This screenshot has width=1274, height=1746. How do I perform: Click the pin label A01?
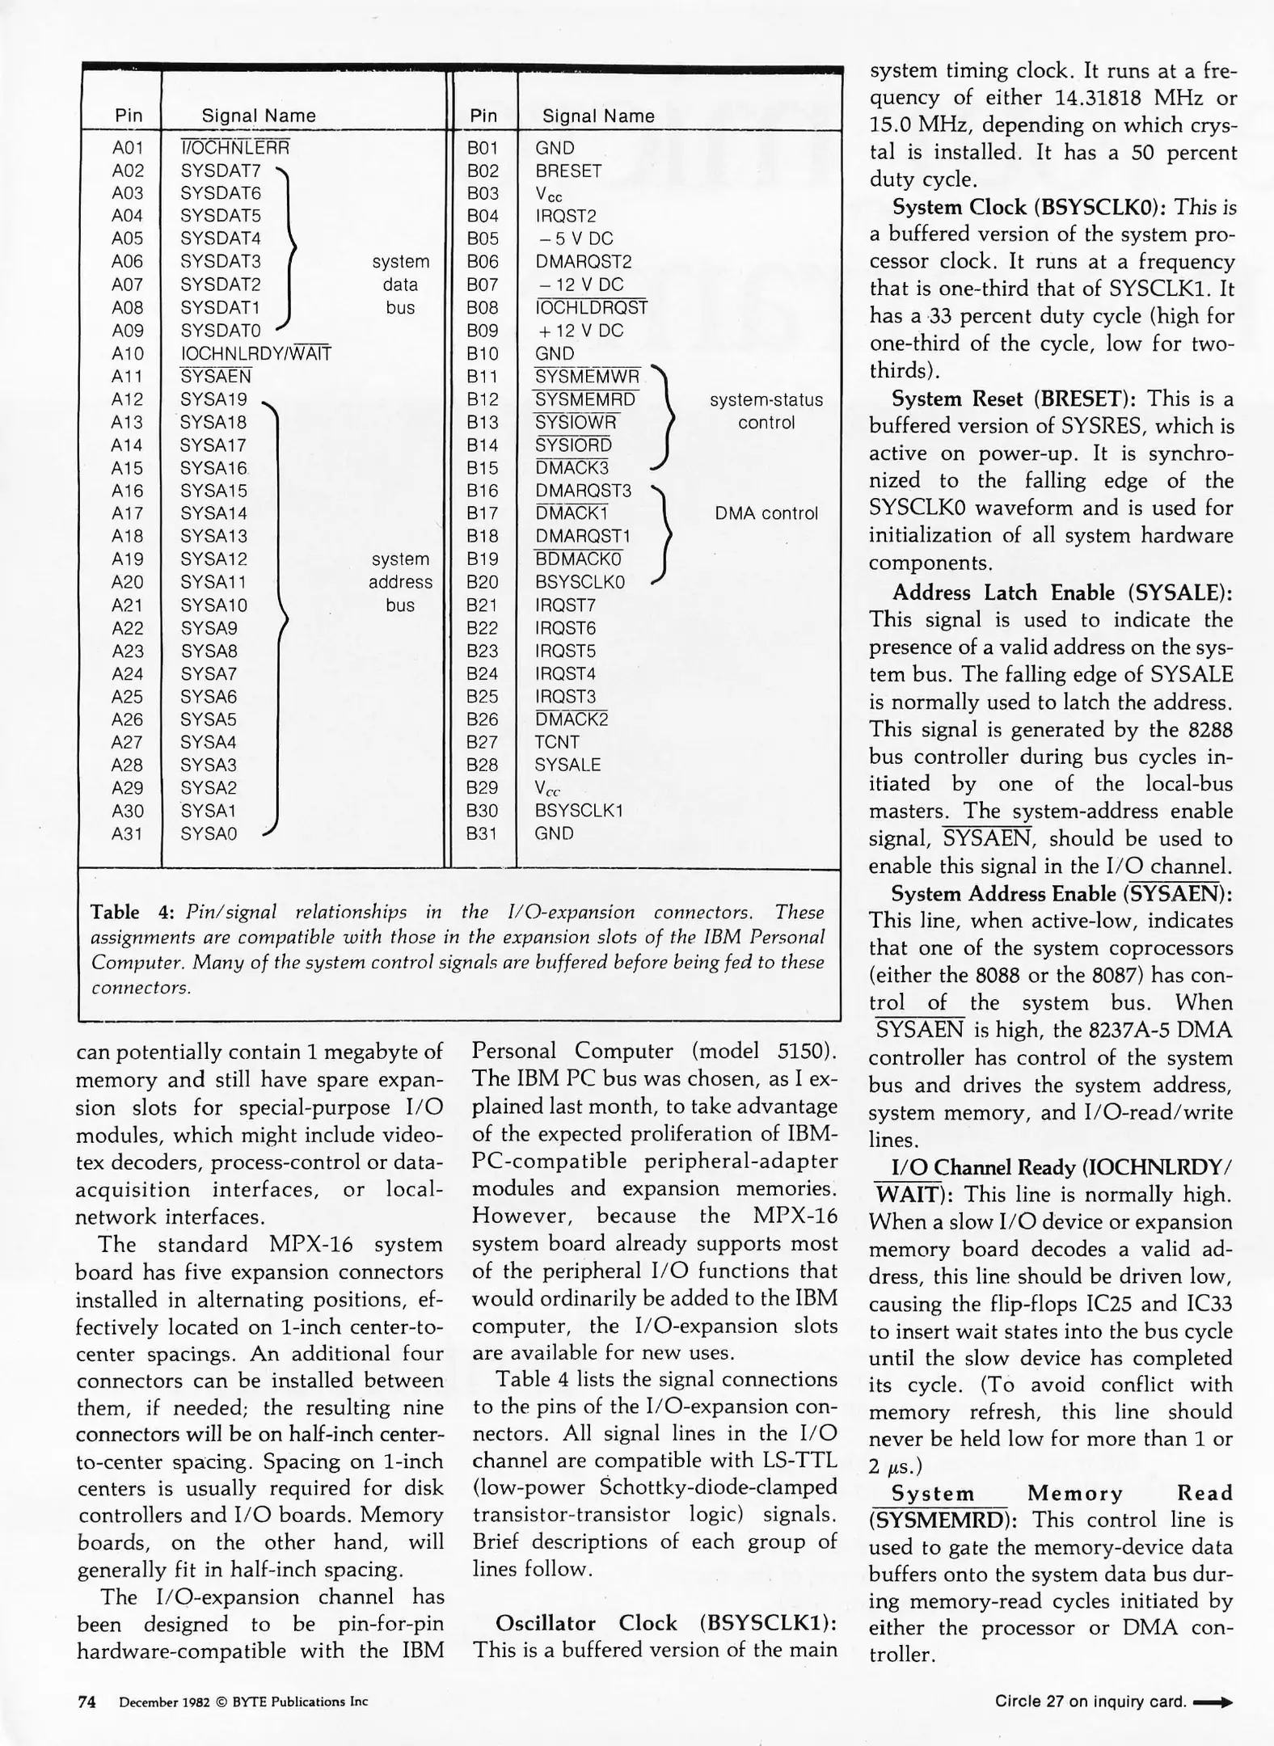coord(127,148)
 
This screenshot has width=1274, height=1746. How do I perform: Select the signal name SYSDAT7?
coord(221,171)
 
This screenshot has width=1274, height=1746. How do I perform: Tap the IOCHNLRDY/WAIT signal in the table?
coord(255,353)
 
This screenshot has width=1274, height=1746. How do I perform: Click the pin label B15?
coord(483,468)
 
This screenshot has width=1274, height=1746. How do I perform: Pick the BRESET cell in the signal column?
coord(568,171)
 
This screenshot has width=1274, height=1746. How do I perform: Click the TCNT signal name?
coord(557,742)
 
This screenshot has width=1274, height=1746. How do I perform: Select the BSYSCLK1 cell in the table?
coord(579,811)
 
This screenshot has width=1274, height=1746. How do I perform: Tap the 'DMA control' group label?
coord(766,513)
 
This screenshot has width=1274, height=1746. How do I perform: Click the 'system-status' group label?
coord(766,400)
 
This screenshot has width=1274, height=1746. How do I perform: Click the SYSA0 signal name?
coord(209,833)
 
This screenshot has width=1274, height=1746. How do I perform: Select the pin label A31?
coord(127,833)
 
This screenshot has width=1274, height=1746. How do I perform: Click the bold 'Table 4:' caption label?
coord(133,913)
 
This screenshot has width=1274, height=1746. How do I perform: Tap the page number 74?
coord(86,1702)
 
